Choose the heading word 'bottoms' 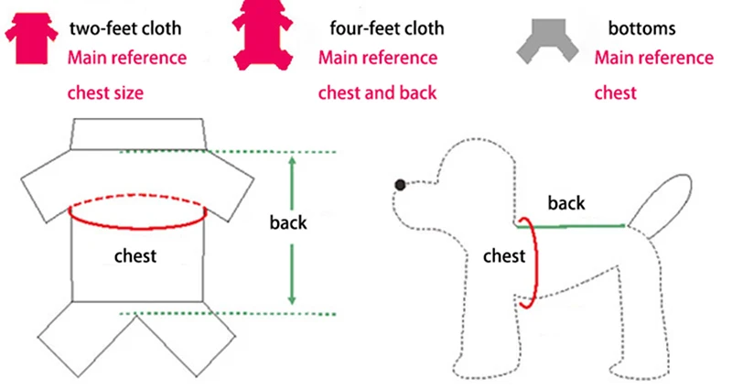640,27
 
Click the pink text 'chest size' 105,92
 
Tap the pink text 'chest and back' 377,92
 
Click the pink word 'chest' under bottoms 616,92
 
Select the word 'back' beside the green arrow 288,222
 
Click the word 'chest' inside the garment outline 135,255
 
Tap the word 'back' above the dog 565,202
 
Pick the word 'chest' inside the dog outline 503,255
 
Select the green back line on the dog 576,224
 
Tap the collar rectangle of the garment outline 137,135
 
